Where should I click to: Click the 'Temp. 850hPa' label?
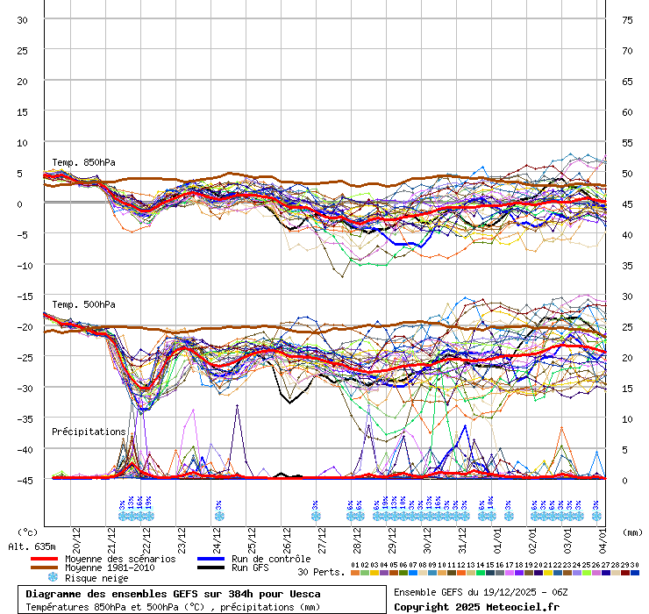[83, 162]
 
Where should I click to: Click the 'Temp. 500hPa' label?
[83, 304]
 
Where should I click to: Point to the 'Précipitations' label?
[89, 432]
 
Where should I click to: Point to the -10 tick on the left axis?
[22, 265]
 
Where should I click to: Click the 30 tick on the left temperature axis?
[22, 19]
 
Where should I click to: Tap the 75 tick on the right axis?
[627, 19]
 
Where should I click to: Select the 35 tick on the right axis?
[627, 265]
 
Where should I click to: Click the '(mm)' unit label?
[632, 532]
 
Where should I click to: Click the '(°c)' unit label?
[28, 532]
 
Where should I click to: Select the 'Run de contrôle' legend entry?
[270, 559]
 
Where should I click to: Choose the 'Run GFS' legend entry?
[251, 568]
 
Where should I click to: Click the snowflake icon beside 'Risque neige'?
[53, 577]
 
